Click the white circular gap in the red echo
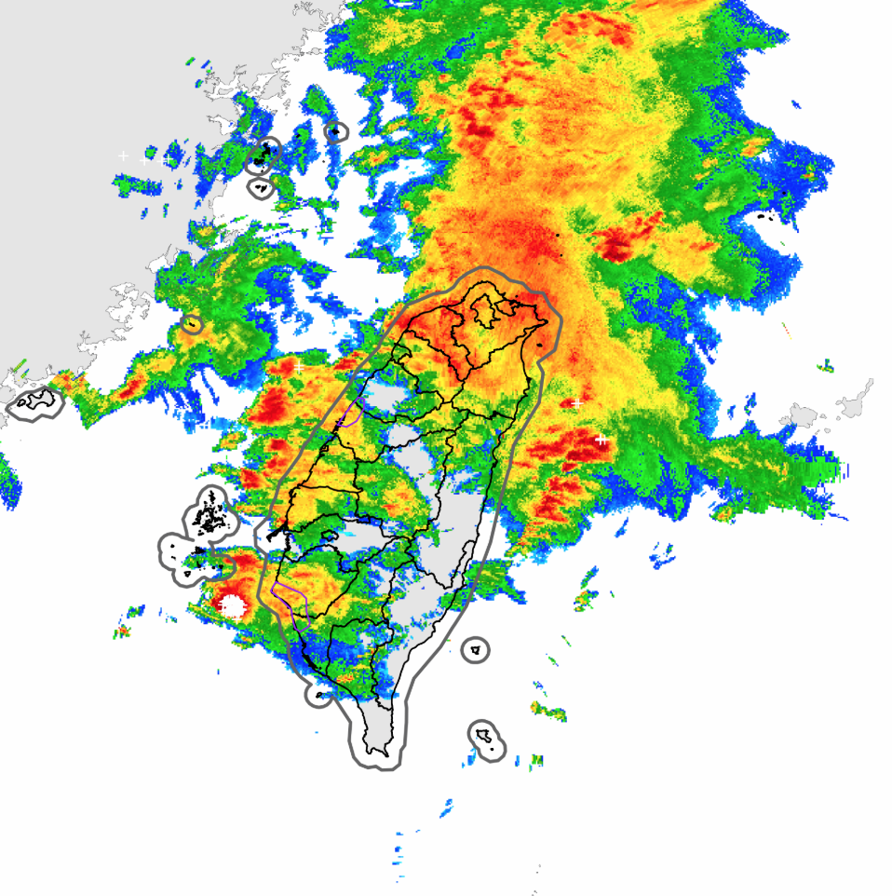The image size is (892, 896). pos(232,606)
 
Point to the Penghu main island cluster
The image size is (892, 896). pos(212,514)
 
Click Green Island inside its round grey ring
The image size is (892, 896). pos(476,649)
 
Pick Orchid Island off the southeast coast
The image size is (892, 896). pos(485,738)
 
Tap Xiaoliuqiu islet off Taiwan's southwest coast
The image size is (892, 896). pos(319,695)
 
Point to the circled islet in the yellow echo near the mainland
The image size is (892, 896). pos(193,325)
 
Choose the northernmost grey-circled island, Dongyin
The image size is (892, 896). pos(335,131)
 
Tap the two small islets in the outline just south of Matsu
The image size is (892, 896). pos(260,189)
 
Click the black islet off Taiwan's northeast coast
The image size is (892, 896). pos(542,345)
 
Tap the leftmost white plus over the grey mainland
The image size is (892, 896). pos(123,156)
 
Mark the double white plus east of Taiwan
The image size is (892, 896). pos(601,438)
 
